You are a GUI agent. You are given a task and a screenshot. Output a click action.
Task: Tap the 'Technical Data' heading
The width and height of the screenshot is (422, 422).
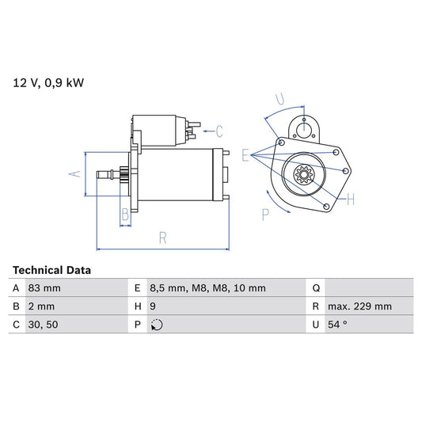[52, 270]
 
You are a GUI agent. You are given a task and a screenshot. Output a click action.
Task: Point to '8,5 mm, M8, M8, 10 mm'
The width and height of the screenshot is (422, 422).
[208, 288]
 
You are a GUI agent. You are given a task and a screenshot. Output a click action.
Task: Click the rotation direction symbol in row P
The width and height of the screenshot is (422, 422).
[157, 325]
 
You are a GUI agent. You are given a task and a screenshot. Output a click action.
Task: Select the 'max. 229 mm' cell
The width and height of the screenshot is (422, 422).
[362, 306]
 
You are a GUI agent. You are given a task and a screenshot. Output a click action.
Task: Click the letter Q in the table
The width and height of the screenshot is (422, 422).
[316, 288]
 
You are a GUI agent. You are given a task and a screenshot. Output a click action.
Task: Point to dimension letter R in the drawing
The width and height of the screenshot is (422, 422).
[162, 235]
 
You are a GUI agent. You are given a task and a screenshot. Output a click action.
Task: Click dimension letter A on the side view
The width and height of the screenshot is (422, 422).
[75, 174]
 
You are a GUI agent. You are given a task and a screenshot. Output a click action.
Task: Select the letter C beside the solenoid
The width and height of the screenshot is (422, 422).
[219, 131]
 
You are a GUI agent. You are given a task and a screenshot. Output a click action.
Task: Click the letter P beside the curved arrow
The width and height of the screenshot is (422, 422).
[266, 214]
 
